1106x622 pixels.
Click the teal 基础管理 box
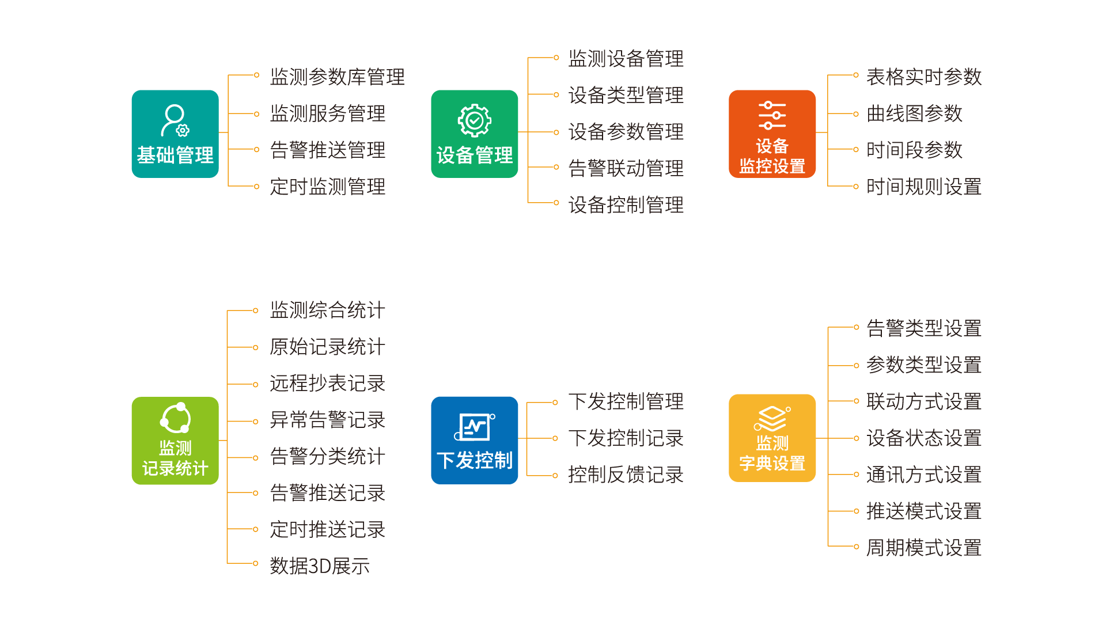pos(175,134)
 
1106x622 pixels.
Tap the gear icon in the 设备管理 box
pos(474,120)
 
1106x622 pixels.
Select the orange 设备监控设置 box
pos(772,134)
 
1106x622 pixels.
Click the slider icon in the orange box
pos(772,115)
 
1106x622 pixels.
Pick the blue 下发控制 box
pos(474,441)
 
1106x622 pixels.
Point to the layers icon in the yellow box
pos(771,419)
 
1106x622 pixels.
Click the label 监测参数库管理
pos(337,77)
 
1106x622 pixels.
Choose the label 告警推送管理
pos(327,150)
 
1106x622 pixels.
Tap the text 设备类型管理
pos(626,95)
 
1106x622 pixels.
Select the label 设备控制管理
pos(626,204)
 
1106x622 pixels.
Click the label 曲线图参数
pos(914,113)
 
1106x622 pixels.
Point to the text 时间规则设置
pos(923,187)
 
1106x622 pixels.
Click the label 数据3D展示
pos(320,566)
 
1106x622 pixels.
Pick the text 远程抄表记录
pos(327,383)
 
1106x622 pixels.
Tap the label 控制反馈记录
pos(626,475)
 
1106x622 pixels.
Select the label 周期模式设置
pos(923,548)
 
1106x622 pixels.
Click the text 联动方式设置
pos(923,401)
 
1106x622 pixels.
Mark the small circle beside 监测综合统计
pos(256,310)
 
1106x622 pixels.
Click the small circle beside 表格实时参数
pos(856,75)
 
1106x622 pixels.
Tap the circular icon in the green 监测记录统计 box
pos(175,418)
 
